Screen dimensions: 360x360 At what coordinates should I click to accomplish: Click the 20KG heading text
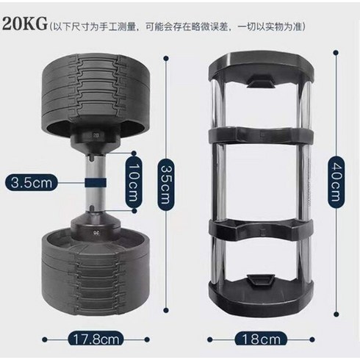click(24, 24)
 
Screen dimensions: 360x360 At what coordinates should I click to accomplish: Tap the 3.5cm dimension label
click(32, 183)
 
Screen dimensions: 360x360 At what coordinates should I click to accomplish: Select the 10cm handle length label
click(134, 182)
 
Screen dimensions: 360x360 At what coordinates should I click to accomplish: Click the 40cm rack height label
click(336, 182)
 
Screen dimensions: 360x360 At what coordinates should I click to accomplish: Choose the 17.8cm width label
click(96, 339)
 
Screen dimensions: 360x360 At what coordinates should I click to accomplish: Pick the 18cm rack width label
click(261, 339)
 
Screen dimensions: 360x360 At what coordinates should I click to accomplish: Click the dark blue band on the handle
click(96, 183)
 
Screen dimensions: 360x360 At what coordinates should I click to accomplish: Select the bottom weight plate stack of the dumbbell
click(96, 272)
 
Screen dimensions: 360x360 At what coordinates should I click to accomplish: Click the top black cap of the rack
click(261, 68)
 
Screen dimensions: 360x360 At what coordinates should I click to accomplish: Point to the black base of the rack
click(261, 292)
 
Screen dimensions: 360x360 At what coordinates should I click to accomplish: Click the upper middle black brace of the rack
click(261, 135)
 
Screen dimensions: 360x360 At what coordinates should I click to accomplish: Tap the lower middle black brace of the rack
click(261, 229)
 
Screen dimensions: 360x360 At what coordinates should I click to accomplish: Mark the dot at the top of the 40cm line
click(336, 53)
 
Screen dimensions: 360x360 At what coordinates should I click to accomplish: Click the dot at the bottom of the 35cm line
click(166, 311)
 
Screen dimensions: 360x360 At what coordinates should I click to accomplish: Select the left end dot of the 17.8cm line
click(45, 339)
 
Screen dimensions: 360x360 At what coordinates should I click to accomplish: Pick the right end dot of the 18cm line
click(312, 339)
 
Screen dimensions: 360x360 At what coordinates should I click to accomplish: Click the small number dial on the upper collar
click(96, 134)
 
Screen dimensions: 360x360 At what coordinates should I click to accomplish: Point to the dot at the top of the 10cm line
click(134, 154)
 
